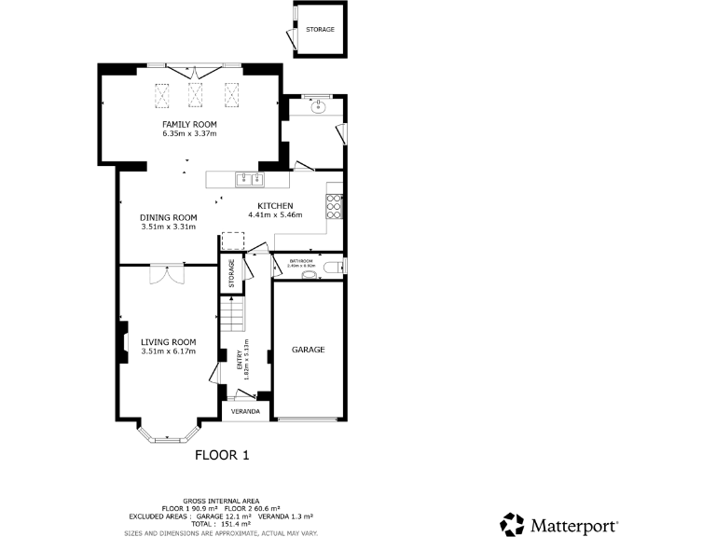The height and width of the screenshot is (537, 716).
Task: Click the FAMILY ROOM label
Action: click(x=189, y=124)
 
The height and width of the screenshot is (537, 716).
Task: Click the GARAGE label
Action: click(x=308, y=350)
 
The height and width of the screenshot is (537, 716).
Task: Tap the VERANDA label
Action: click(x=245, y=411)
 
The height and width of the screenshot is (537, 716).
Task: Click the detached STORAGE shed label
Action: click(x=320, y=30)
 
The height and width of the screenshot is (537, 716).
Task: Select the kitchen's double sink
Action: click(x=249, y=178)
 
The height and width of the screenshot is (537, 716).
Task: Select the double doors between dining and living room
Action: click(x=168, y=273)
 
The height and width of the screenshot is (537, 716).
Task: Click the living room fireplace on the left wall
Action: click(x=121, y=341)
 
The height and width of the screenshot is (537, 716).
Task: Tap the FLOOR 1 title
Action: click(x=222, y=456)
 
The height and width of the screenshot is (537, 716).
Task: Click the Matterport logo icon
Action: click(x=513, y=524)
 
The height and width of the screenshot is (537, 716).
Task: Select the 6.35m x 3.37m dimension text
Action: click(x=189, y=133)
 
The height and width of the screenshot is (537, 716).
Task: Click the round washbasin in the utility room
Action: click(x=319, y=106)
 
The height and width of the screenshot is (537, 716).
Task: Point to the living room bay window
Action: click(x=169, y=434)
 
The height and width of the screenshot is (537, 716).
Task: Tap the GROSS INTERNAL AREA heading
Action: click(x=221, y=502)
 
